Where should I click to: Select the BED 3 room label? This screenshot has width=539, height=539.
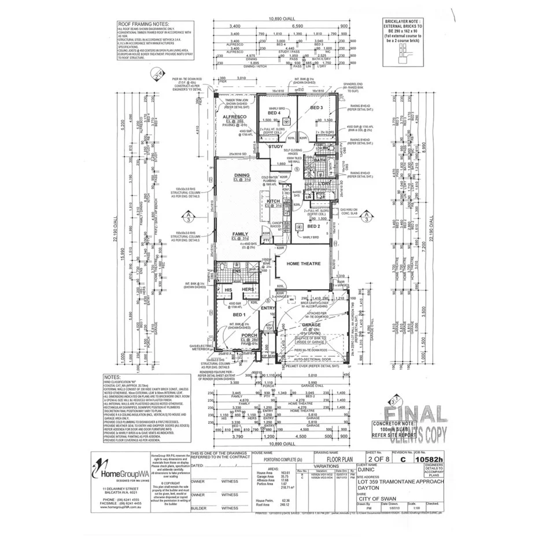point(316,108)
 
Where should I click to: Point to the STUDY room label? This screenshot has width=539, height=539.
point(276,147)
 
